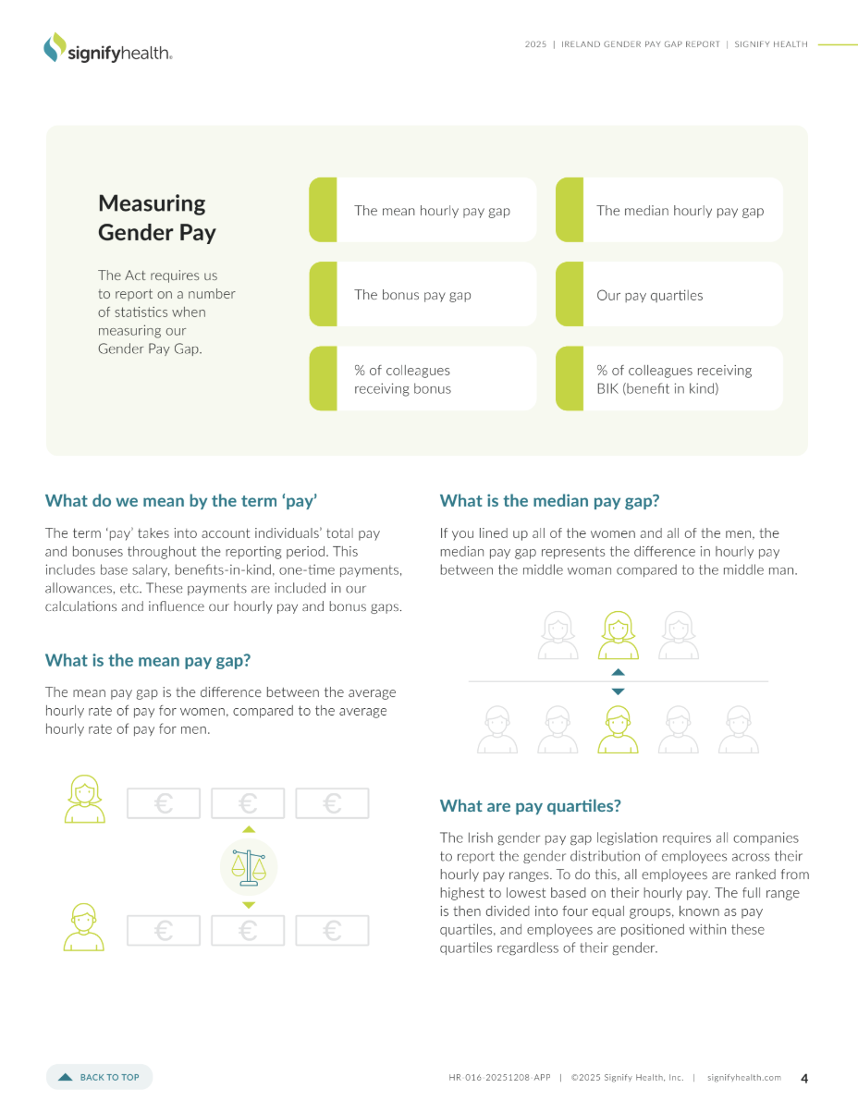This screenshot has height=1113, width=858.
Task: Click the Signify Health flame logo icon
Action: pyautogui.click(x=55, y=47)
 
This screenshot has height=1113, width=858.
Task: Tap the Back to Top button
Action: pyautogui.click(x=99, y=1077)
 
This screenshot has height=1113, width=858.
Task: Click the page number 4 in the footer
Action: pyautogui.click(x=803, y=1078)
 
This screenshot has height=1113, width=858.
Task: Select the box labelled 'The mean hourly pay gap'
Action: pyautogui.click(x=423, y=210)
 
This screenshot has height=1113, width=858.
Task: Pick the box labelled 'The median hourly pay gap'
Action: pyautogui.click(x=669, y=210)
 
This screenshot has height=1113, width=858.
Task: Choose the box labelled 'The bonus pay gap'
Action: pyautogui.click(x=423, y=294)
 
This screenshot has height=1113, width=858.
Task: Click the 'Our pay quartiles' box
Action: pyautogui.click(x=669, y=294)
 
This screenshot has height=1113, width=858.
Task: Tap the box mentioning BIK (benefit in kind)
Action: pyautogui.click(x=669, y=378)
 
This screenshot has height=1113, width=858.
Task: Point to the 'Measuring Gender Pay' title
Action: pyautogui.click(x=157, y=217)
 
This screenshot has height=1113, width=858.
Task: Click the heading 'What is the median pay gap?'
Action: pyautogui.click(x=549, y=501)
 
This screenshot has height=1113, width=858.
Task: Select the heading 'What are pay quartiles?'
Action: pyautogui.click(x=530, y=806)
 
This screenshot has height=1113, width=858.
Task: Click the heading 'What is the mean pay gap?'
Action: pyautogui.click(x=148, y=660)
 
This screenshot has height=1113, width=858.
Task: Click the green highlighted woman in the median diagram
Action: pyautogui.click(x=619, y=635)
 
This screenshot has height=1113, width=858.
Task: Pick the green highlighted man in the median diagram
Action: pyautogui.click(x=618, y=729)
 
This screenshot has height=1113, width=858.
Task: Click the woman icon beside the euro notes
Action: pyautogui.click(x=84, y=799)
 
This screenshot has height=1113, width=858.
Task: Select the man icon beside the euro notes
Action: pyautogui.click(x=83, y=927)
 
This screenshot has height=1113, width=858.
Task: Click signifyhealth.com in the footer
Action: pyautogui.click(x=743, y=1077)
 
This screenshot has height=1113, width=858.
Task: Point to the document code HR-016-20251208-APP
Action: pyautogui.click(x=499, y=1077)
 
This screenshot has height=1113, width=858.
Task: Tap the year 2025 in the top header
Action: pyautogui.click(x=535, y=44)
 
